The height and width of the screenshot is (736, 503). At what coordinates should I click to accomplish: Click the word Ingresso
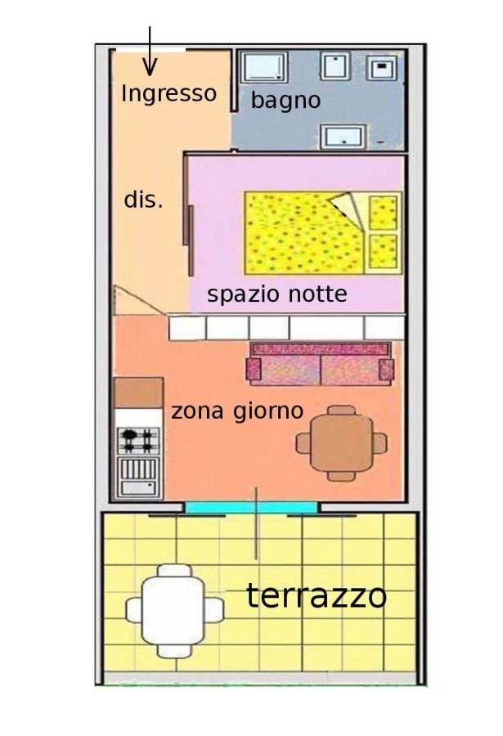pos(168,94)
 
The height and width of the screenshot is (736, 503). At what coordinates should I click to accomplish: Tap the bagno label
pos(285,100)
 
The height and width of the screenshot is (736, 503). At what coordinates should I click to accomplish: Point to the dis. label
pos(143,200)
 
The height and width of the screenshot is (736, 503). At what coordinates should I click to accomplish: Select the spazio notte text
pos(277,294)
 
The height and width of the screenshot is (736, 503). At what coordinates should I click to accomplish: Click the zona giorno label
pos(237,411)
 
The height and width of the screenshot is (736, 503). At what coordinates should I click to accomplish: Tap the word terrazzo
pos(317,595)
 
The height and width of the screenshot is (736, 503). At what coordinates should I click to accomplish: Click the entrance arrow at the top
pos(150,51)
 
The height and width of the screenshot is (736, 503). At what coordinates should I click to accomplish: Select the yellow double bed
pos(323,233)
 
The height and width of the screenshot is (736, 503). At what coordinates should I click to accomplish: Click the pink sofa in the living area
pos(321,364)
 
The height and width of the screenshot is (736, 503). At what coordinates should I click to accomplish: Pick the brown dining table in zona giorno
pos(341,443)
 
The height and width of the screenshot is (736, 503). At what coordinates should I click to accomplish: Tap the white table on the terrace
pos(174,611)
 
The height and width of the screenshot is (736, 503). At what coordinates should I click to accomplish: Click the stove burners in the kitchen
pos(138,440)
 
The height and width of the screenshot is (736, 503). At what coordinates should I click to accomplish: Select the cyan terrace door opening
pos(251,508)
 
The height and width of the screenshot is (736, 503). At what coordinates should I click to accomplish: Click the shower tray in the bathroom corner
pos(263,67)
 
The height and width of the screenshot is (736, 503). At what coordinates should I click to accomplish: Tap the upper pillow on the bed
pos(384,213)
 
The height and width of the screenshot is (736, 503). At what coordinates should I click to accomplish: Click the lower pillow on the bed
pos(384,251)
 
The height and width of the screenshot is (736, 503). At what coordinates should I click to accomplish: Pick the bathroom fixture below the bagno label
pos(344,137)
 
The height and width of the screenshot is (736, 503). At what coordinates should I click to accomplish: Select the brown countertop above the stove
pos(139,393)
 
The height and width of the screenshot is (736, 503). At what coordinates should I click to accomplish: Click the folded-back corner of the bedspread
pos(348,209)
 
